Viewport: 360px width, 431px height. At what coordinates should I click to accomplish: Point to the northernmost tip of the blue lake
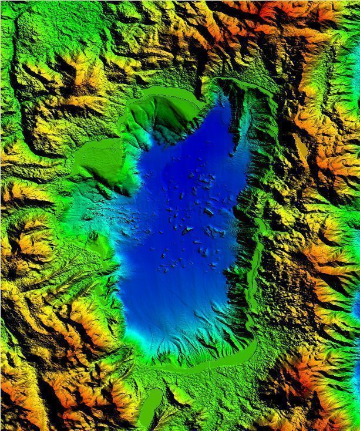(223, 100)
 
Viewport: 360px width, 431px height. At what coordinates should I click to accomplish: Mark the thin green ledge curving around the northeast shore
(247, 85)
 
